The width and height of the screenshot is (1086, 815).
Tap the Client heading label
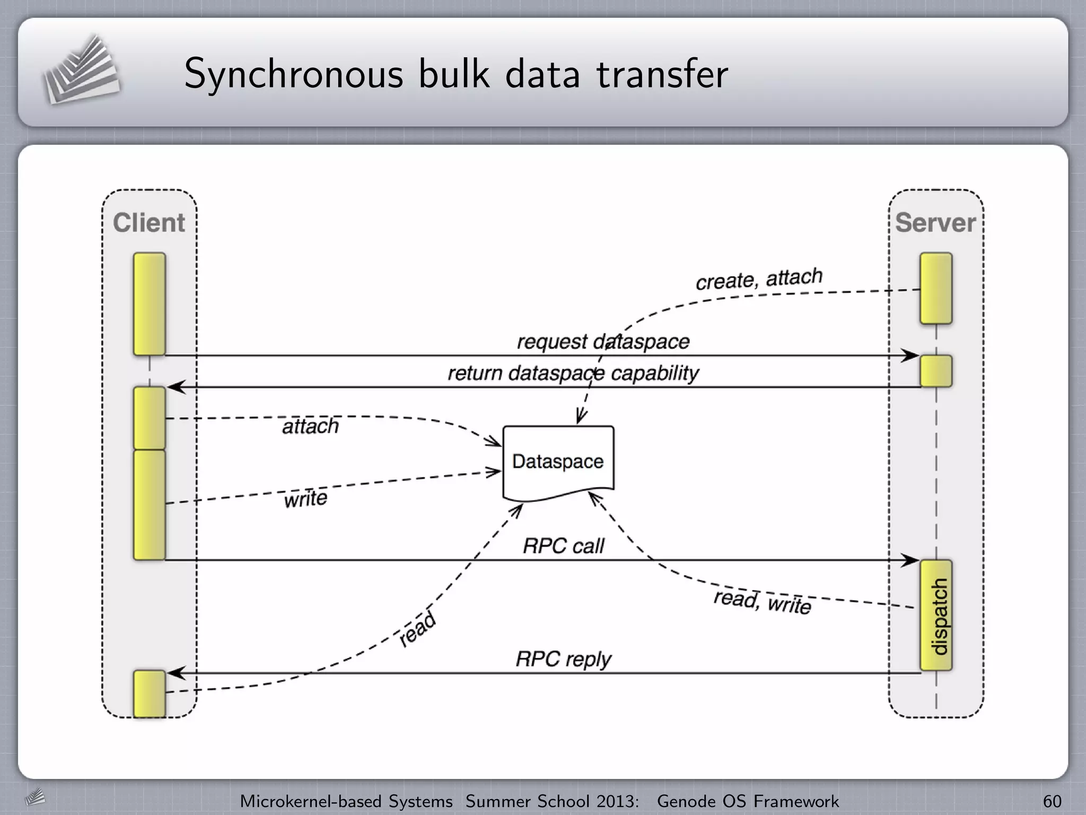(149, 223)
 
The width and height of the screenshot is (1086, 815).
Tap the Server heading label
(935, 223)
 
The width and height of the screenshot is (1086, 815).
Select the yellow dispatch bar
(936, 615)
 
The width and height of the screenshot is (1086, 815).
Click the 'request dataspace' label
(603, 342)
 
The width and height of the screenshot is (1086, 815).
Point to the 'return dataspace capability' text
(573, 373)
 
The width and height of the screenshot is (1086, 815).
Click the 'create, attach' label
(759, 279)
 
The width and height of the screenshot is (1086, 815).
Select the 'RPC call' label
(563, 546)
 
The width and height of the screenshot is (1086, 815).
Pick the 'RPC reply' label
(563, 660)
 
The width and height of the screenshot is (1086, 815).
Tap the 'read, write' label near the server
(762, 602)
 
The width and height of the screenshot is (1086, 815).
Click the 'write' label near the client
(305, 499)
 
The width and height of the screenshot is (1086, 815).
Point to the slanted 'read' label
(417, 629)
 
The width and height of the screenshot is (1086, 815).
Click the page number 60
(1052, 801)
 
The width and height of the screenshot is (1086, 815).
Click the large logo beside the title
(81, 70)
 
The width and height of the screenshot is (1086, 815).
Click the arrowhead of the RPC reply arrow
(175, 673)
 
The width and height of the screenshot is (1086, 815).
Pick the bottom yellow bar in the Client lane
(150, 693)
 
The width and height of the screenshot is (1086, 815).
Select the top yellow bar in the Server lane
(936, 288)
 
